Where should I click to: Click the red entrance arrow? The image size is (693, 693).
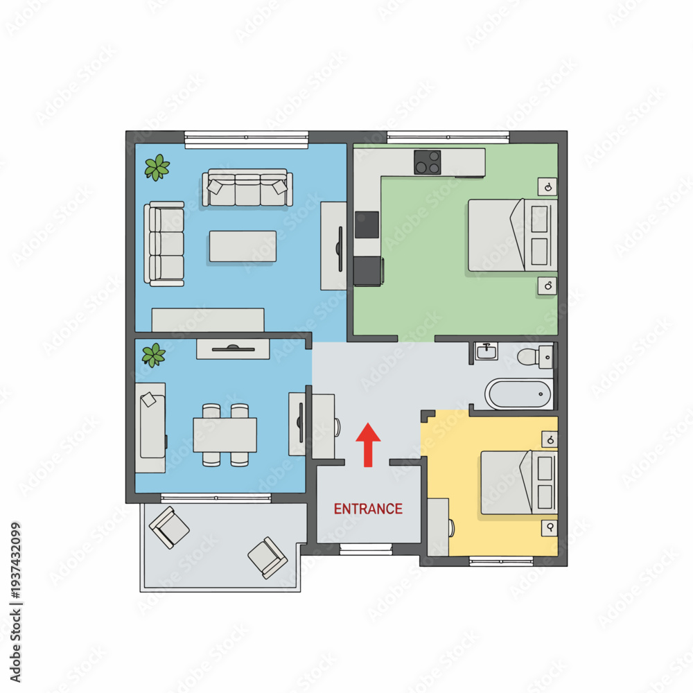coord(368,445)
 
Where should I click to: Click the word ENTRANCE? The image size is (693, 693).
coord(368,509)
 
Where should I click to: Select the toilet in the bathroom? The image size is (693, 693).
coord(535,357)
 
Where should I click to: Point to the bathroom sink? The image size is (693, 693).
coord(486,352)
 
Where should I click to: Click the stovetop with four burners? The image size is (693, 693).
coord(428,162)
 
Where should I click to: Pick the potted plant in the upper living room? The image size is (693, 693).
coord(157,168)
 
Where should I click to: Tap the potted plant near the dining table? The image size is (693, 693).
coord(153,356)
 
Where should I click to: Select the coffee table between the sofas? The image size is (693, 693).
coord(243,246)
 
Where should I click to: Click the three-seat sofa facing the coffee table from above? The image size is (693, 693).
coord(247,187)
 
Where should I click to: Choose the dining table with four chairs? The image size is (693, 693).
coord(225,435)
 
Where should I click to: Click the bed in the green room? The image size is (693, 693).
coord(513,235)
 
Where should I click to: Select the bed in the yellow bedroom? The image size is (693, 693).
coord(519,482)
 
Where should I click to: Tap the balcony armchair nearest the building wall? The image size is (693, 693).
coord(169,527)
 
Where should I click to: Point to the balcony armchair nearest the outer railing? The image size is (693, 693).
coord(267,557)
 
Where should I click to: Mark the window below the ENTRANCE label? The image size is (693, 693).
coord(366,550)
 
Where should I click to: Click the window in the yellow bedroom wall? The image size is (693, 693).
coord(501,561)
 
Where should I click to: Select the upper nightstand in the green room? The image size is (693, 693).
coord(547,187)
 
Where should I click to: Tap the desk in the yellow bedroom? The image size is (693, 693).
coord(438,527)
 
